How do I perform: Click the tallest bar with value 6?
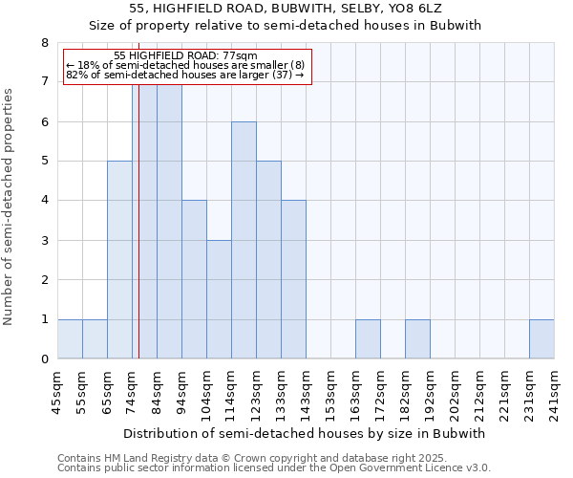(x=244, y=240)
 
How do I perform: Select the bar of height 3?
(x=219, y=299)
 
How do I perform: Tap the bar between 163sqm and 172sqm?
(x=368, y=339)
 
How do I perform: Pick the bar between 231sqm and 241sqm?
(x=541, y=339)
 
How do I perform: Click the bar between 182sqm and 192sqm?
(x=417, y=339)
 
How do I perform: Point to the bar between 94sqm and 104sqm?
(x=194, y=279)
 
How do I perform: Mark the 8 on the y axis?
(x=44, y=43)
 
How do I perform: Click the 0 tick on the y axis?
(x=44, y=359)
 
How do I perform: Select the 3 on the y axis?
(x=44, y=241)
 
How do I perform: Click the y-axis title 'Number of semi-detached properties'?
(x=10, y=206)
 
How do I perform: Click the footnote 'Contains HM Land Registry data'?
(x=143, y=459)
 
